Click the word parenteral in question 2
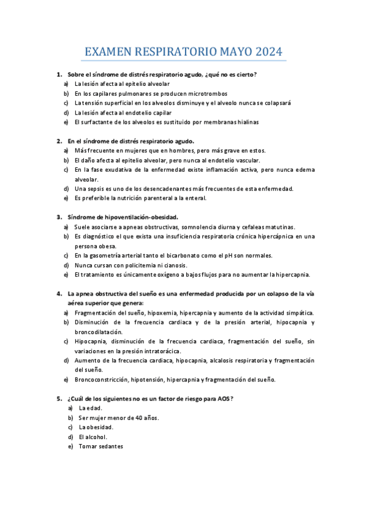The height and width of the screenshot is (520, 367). coord(148,198)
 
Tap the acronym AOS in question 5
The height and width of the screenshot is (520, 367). coord(223,399)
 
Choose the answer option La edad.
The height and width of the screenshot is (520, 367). coord(90,408)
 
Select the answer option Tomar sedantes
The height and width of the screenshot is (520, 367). coord(101,446)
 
